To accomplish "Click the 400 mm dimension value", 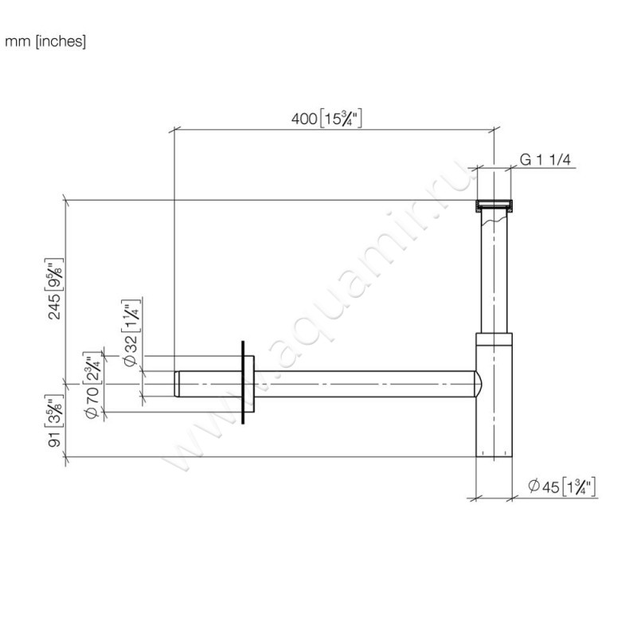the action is pos(304,119).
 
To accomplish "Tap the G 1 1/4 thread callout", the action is pos(545,160).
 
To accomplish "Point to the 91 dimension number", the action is pos(54,440).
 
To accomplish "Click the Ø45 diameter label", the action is pos(544,487).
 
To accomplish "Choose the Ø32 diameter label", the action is pos(131,350).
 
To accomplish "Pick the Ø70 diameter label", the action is pos(92,402).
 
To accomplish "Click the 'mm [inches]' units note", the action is pos(45,41).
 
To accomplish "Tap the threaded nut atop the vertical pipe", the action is pos(494,206).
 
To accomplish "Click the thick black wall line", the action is pos(243,382).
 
